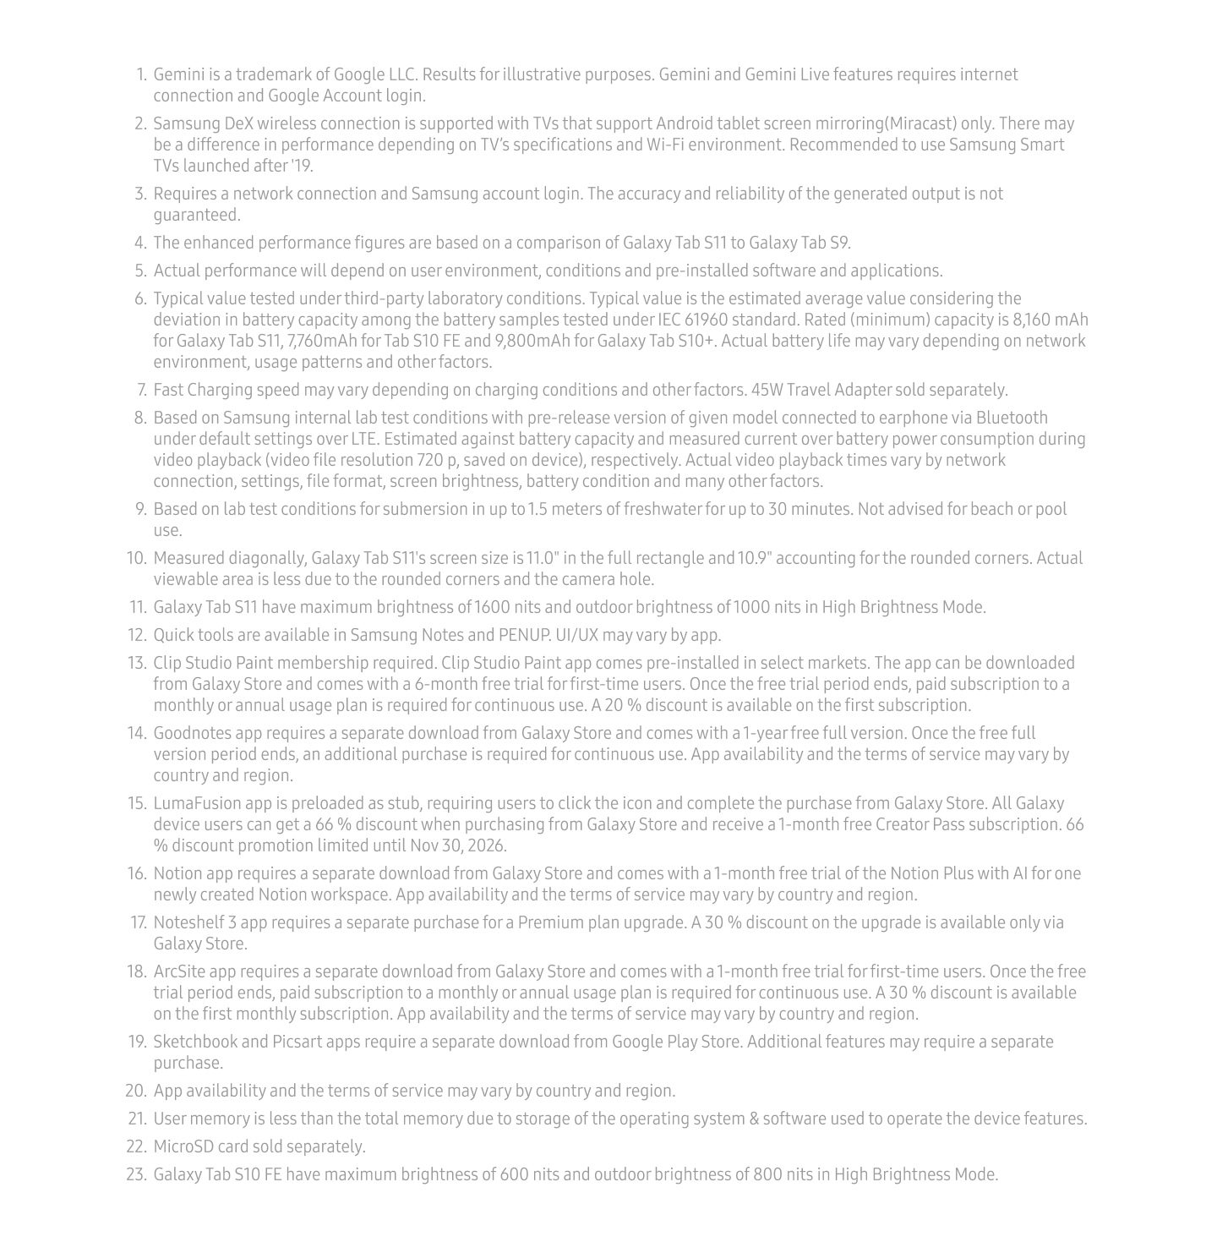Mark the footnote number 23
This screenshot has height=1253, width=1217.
136,1174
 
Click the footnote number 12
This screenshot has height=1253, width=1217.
136,635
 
